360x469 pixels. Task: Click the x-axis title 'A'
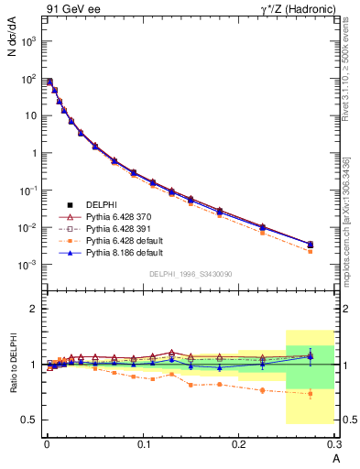point(334,458)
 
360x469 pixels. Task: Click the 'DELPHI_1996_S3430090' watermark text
point(190,274)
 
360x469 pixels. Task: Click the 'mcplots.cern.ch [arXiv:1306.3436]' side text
point(345,211)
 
